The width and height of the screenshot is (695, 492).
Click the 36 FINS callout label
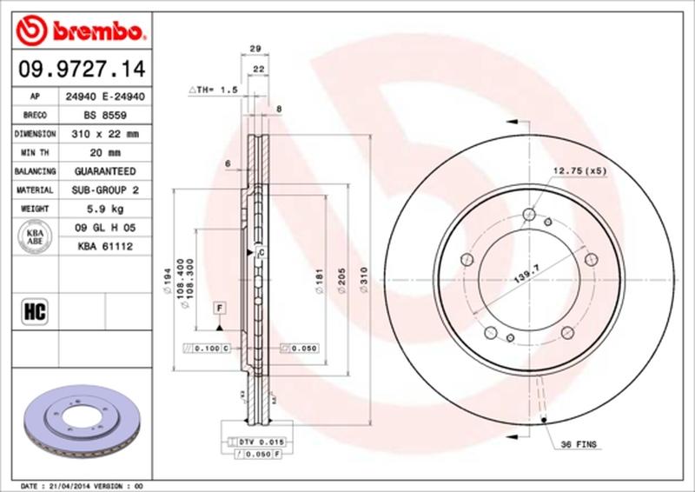[x=578, y=444]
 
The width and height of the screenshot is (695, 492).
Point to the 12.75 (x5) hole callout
[x=578, y=170]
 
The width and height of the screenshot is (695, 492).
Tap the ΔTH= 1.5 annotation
[x=214, y=90]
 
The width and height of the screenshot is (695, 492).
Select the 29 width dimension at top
[x=256, y=50]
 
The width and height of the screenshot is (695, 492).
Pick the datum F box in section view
[x=220, y=309]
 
